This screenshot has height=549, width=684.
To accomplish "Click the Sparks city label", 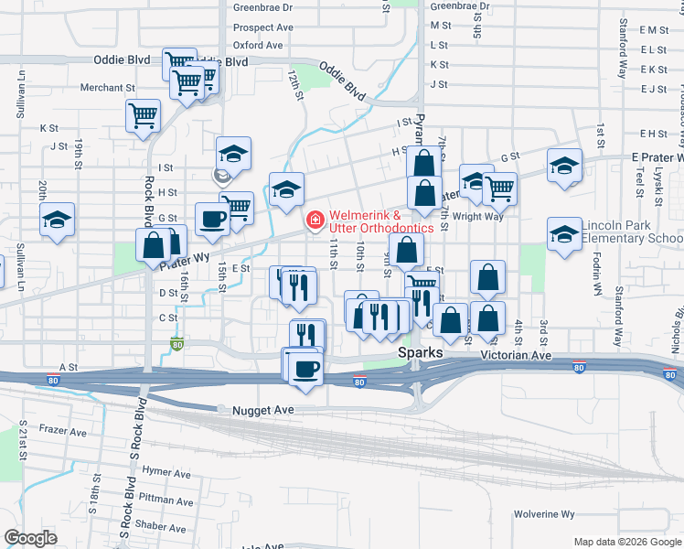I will click(x=420, y=353).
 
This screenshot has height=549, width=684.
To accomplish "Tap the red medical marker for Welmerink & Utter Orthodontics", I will click(x=315, y=220).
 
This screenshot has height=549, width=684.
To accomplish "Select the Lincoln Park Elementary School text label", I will click(x=632, y=232).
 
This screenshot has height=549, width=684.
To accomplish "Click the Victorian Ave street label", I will click(x=517, y=354).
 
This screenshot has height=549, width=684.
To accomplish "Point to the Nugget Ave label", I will click(x=262, y=411).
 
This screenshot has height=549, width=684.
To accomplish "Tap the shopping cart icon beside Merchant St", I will click(x=144, y=115).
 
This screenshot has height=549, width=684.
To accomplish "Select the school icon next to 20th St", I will click(x=57, y=220).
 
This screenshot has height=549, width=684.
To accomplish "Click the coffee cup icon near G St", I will click(x=212, y=219).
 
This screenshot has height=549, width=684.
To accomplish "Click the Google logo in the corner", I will click(x=31, y=537).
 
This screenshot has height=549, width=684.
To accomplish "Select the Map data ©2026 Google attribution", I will click(x=626, y=542).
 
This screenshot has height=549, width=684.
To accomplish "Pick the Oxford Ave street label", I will click(x=258, y=45).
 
